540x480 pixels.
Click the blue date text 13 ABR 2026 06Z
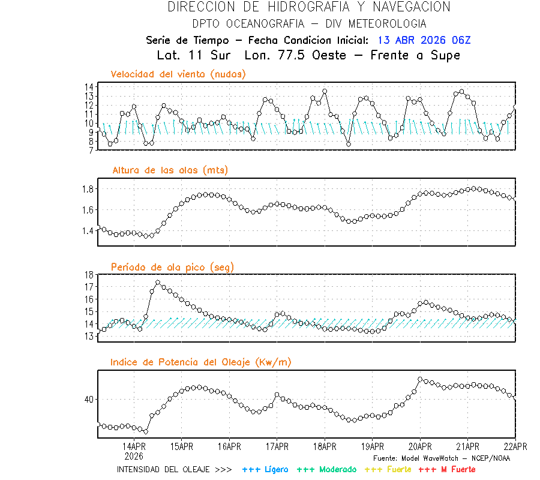tap(424, 40)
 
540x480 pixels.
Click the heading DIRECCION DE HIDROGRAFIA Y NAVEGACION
tap(309, 7)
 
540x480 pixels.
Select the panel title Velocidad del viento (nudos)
tap(178, 74)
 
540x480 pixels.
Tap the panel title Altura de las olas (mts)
tap(170, 170)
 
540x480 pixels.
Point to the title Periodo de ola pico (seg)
tap(172, 266)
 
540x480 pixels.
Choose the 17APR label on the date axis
tap(277, 446)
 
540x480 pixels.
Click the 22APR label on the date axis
tap(515, 446)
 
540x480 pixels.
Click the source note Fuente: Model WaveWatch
tap(441, 458)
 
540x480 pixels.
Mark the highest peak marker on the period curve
tap(158, 283)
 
